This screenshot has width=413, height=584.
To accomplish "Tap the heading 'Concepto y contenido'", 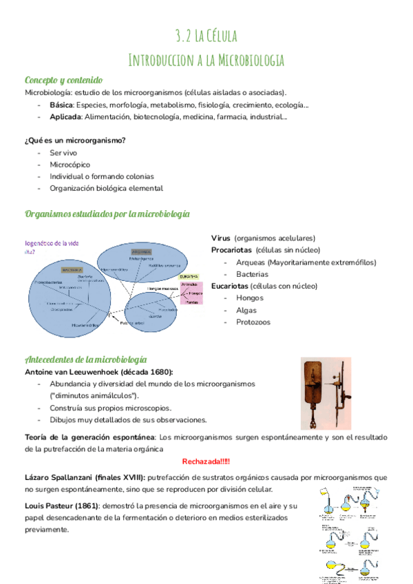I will (63, 80).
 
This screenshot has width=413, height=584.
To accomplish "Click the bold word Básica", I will (61, 105).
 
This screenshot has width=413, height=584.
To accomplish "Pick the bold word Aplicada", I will (65, 117).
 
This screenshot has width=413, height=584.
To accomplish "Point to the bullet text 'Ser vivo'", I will (63, 152).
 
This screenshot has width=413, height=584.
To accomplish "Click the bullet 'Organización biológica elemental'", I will (105, 188).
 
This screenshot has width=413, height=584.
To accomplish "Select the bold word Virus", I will (221, 238).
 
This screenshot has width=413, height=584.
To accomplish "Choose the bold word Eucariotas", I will (233, 286).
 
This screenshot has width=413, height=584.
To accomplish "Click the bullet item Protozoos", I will (253, 322).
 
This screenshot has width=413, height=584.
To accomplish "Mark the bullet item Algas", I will (246, 310).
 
